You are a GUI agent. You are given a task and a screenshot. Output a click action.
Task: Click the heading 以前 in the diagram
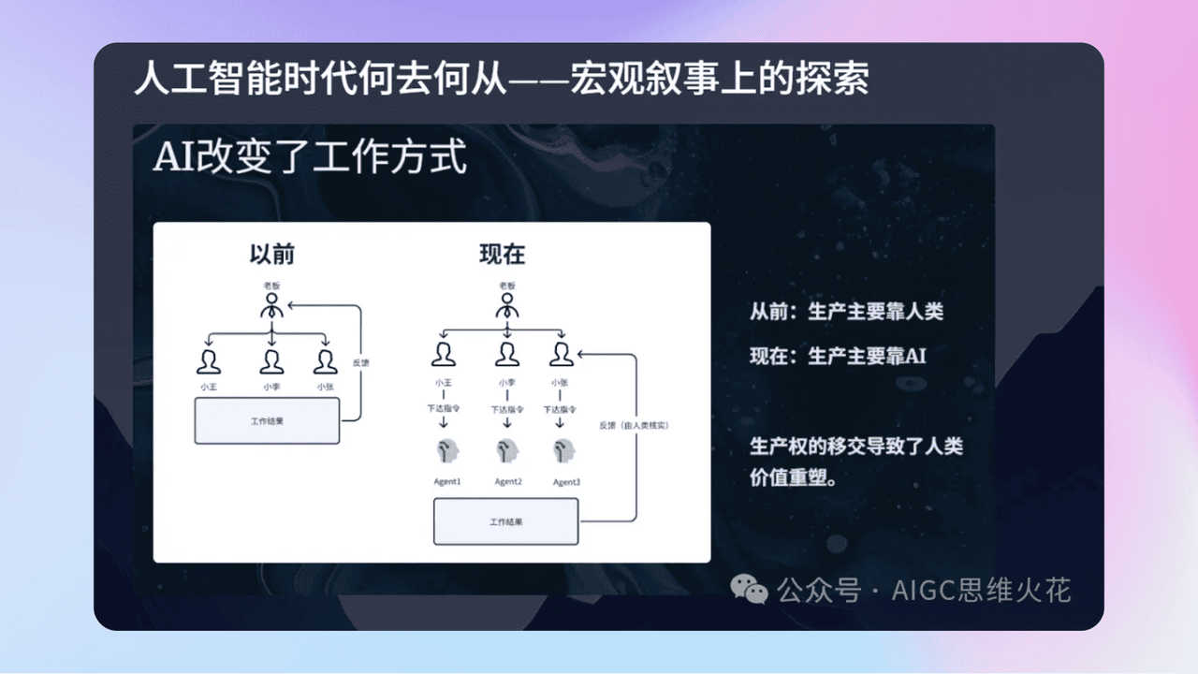point(270,254)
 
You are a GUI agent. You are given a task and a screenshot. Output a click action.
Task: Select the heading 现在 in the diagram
point(502,254)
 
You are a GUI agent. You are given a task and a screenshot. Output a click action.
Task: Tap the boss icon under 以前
point(271,306)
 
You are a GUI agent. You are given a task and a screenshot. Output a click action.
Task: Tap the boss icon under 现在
point(506,306)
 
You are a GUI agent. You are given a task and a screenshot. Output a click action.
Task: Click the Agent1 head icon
point(446,450)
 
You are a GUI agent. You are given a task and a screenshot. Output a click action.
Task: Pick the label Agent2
point(508,482)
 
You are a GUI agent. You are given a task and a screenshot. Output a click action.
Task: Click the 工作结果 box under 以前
point(267,421)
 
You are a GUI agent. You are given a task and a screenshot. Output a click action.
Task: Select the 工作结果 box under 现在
point(506,521)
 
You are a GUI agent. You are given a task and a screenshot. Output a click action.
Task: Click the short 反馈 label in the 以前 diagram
point(360,362)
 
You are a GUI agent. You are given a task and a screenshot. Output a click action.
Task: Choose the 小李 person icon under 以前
point(271,360)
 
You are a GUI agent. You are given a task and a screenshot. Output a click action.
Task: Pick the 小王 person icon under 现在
point(444,354)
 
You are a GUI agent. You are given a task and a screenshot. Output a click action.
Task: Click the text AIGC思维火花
point(981,591)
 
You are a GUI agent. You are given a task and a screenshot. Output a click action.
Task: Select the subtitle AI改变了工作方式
point(311,158)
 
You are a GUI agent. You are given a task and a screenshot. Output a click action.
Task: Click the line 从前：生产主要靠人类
point(846,312)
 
